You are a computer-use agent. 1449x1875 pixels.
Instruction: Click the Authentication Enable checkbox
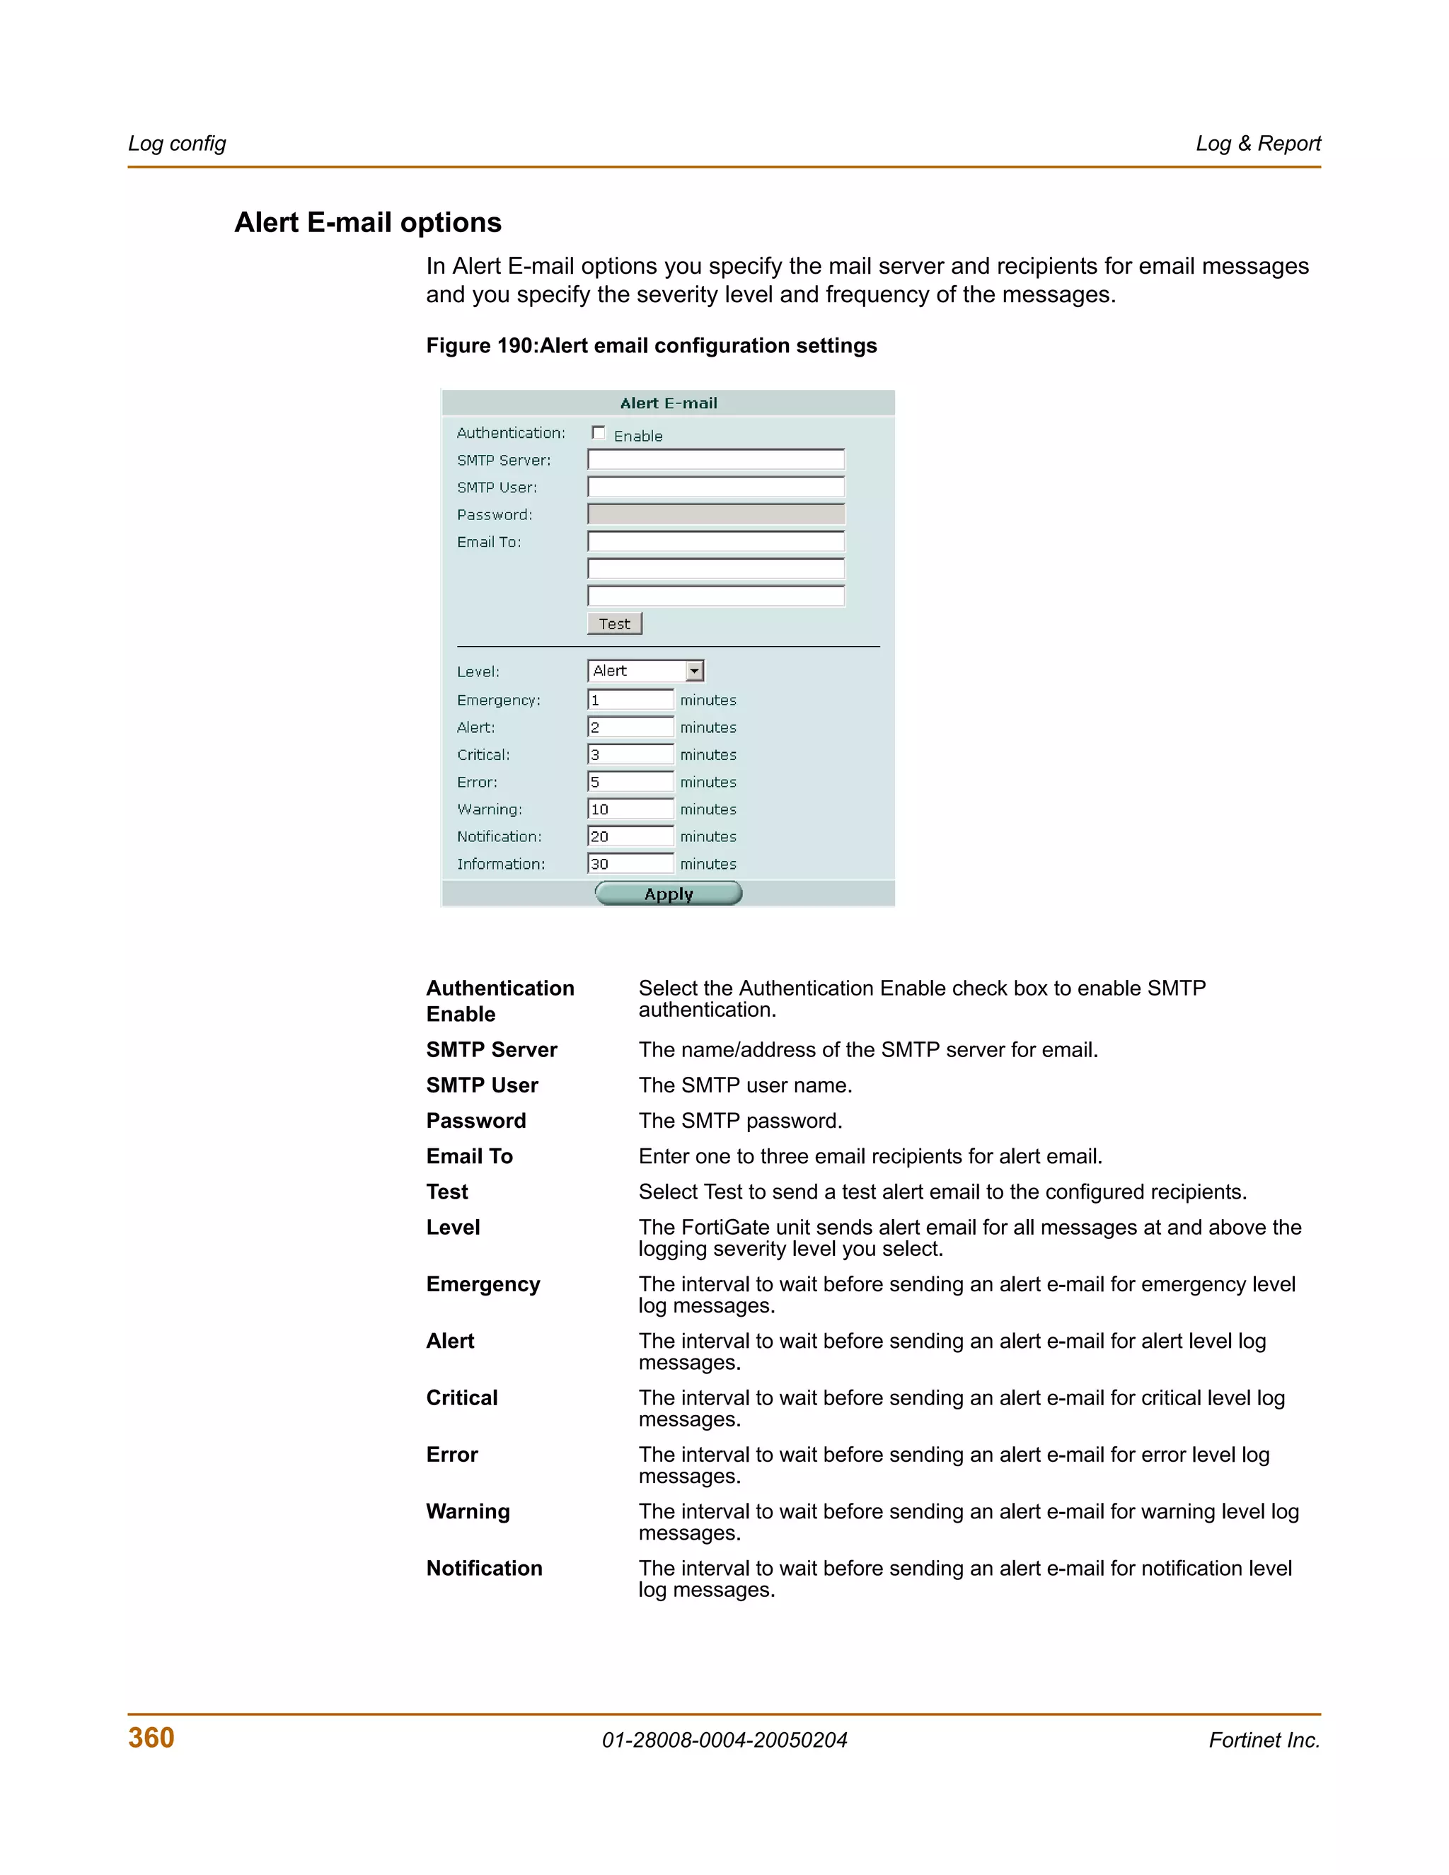(599, 433)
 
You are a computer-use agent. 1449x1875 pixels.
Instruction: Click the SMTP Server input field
(716, 459)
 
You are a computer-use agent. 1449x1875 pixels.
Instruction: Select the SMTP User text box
(716, 487)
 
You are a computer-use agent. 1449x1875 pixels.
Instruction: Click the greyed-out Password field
(716, 514)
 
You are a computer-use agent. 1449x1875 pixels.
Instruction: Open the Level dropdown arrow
(695, 671)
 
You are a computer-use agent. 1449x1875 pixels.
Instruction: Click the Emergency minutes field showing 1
(630, 700)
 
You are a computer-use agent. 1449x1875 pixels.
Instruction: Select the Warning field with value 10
(630, 809)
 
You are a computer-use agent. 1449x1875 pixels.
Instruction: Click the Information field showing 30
(630, 864)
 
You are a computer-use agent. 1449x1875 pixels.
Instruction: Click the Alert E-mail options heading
(367, 222)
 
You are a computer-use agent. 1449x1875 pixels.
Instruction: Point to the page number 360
(151, 1738)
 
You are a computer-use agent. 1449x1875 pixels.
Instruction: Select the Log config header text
(177, 144)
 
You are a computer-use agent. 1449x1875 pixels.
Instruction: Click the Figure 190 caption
(652, 345)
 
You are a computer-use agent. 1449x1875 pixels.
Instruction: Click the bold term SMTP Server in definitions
(491, 1049)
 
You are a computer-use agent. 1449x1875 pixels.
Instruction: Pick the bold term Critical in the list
(462, 1397)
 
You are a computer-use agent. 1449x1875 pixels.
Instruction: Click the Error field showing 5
(630, 781)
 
